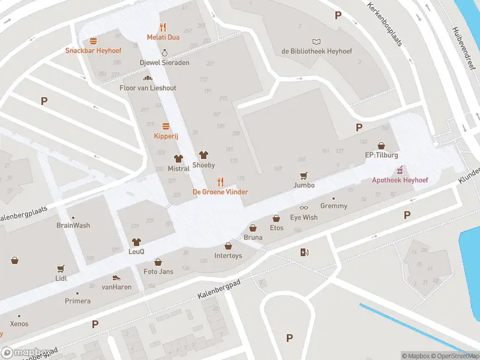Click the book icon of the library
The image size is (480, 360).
316,41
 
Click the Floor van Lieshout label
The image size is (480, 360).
148,88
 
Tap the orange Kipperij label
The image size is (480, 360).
166,136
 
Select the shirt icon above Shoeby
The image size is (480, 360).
203,155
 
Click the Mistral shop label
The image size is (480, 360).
178,169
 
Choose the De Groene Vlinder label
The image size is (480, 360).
220,191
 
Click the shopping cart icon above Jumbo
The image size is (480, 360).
304,175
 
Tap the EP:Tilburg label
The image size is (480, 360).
382,155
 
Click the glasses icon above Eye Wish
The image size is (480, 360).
304,208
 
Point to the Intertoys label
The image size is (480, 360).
228,256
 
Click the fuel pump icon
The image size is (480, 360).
304,253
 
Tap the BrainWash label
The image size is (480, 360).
73,226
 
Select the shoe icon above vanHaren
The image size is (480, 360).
116,278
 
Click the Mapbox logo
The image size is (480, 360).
26,352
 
